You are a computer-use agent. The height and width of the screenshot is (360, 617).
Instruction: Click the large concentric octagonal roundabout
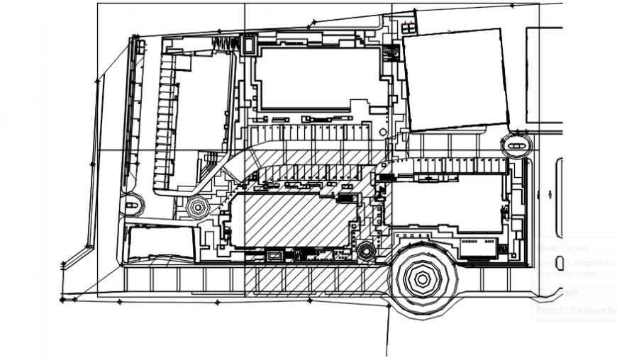[x=423, y=279]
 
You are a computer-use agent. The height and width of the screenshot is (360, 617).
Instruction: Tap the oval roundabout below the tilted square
[x=516, y=146]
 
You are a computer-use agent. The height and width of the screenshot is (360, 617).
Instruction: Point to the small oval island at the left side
[x=132, y=205]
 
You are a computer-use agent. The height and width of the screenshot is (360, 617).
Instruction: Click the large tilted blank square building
[x=456, y=80]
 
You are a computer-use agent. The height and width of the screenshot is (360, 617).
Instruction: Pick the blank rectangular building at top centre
[x=321, y=78]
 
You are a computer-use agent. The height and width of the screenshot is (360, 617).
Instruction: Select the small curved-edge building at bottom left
[x=161, y=242]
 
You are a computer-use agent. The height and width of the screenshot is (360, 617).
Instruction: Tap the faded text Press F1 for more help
[x=575, y=310]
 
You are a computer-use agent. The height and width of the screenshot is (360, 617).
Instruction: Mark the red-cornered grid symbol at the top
[x=408, y=28]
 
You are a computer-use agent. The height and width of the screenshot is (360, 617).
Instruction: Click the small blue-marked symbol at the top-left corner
[x=143, y=46]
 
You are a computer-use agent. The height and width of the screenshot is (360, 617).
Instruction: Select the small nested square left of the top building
[x=249, y=45]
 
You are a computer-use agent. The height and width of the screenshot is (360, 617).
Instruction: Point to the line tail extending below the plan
[x=387, y=333]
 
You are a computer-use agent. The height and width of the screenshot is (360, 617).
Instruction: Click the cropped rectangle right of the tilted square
[x=544, y=74]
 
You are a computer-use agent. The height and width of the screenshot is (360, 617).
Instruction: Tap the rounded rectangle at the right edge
[x=559, y=198]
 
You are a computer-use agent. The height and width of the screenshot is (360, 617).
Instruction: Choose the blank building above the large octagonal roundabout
[x=448, y=203]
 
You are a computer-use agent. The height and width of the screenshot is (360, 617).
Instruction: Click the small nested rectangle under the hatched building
[x=273, y=255]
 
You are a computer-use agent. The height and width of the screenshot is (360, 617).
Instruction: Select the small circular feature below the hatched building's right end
[x=366, y=250]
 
